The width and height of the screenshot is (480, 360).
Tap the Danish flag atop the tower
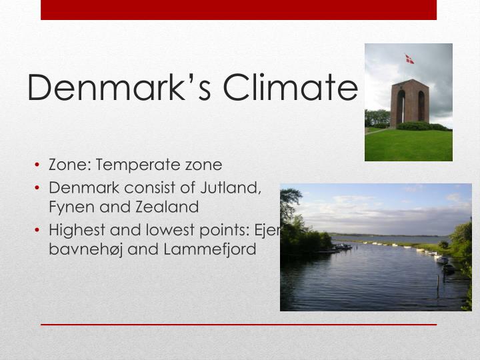[409, 59]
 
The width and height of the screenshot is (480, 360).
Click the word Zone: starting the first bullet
[69, 165]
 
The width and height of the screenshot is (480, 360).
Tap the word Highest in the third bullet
[77, 230]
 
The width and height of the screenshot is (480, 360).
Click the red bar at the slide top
[239, 9]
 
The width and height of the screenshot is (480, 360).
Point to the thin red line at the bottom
[239, 325]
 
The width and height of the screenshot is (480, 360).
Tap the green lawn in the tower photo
[408, 145]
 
